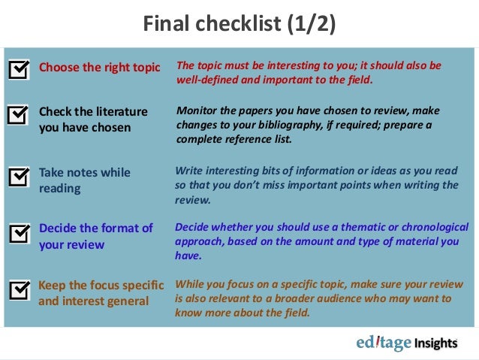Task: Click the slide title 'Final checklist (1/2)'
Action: point(239,25)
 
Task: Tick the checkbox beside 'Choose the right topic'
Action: point(19,69)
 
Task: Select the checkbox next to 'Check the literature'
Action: point(19,114)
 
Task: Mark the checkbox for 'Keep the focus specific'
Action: point(19,290)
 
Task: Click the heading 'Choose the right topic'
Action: point(99,67)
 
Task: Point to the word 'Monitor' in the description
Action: point(197,110)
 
